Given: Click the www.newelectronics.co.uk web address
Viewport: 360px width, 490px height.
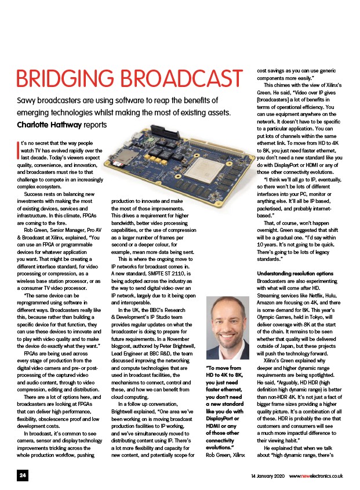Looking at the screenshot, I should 315,476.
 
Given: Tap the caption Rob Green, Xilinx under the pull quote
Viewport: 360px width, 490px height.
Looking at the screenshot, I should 226,455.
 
